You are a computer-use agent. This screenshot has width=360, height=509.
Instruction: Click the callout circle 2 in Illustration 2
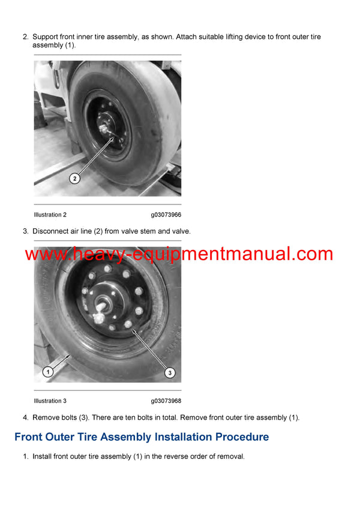pos(74,178)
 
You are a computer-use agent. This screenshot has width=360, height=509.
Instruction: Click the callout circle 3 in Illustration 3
pos(170,373)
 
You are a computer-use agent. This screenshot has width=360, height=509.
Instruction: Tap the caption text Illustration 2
pos(50,215)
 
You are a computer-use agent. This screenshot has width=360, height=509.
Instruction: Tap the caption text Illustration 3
pos(50,401)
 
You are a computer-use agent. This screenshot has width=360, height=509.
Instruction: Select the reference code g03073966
pos(166,215)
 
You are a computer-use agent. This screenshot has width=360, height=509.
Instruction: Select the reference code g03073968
pos(166,401)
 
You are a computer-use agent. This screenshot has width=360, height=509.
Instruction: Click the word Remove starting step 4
pos(46,417)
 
